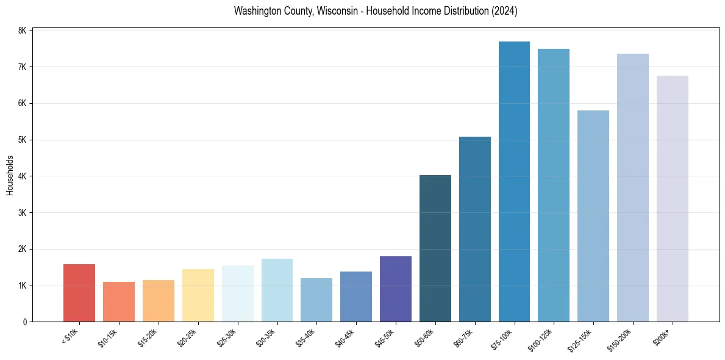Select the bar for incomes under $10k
[79, 293]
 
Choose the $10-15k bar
[119, 301]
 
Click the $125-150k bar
[593, 216]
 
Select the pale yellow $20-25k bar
[198, 295]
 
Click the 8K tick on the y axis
[23, 31]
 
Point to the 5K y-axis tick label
[23, 140]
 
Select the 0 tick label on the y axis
[24, 322]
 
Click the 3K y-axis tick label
[23, 213]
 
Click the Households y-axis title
[10, 175]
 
